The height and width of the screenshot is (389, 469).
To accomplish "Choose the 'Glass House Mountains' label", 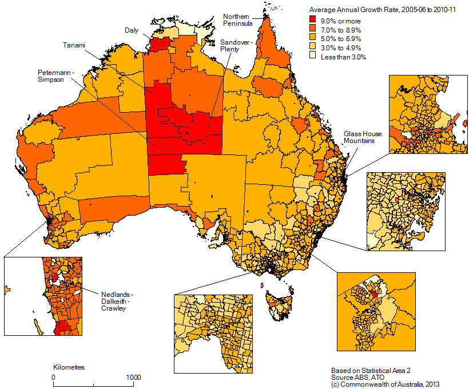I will (x=363, y=137).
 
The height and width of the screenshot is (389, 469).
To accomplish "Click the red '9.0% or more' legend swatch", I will (x=313, y=21).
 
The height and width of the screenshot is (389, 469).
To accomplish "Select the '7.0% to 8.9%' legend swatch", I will (x=313, y=30).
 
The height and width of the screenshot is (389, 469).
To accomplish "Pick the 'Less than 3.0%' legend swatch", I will (x=313, y=57).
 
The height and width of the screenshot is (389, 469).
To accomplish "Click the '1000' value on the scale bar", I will (x=133, y=377).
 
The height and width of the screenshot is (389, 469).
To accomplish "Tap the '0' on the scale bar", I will (x=53, y=377).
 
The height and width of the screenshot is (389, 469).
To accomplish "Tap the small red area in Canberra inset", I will (x=373, y=294).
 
